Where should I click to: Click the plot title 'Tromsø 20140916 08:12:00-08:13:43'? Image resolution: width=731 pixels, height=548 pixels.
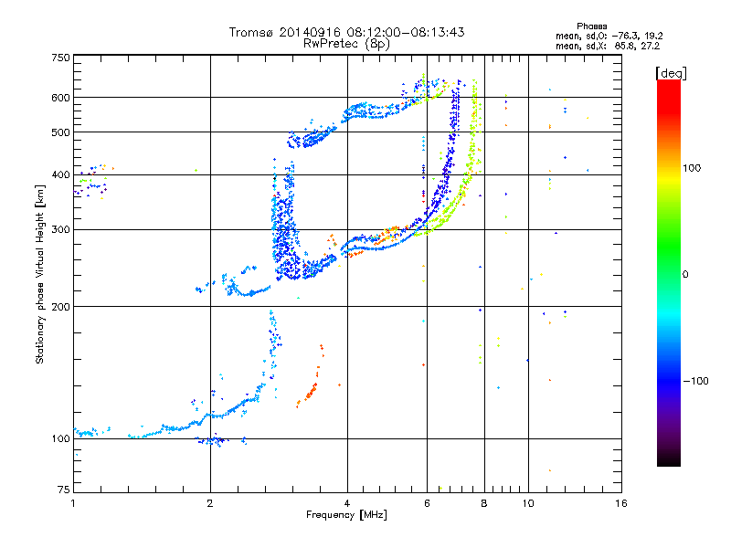click(346, 32)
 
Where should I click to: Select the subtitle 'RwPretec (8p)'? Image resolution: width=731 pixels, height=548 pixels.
click(346, 43)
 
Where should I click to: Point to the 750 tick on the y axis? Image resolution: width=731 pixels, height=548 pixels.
click(61, 57)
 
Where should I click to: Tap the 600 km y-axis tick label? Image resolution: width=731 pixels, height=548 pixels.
click(61, 97)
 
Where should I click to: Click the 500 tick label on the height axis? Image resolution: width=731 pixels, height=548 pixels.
click(61, 132)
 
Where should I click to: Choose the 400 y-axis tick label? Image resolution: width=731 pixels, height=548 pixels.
click(61, 175)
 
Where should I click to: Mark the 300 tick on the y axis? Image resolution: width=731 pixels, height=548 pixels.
click(61, 229)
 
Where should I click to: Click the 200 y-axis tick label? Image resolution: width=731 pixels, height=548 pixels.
click(61, 306)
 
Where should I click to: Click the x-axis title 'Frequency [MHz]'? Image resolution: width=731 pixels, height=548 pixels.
click(346, 516)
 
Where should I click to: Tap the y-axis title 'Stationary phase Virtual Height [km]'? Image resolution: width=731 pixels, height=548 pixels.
click(40, 274)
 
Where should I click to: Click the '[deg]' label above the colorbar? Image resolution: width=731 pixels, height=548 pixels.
click(672, 72)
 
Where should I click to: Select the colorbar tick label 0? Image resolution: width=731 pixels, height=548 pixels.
click(686, 274)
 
